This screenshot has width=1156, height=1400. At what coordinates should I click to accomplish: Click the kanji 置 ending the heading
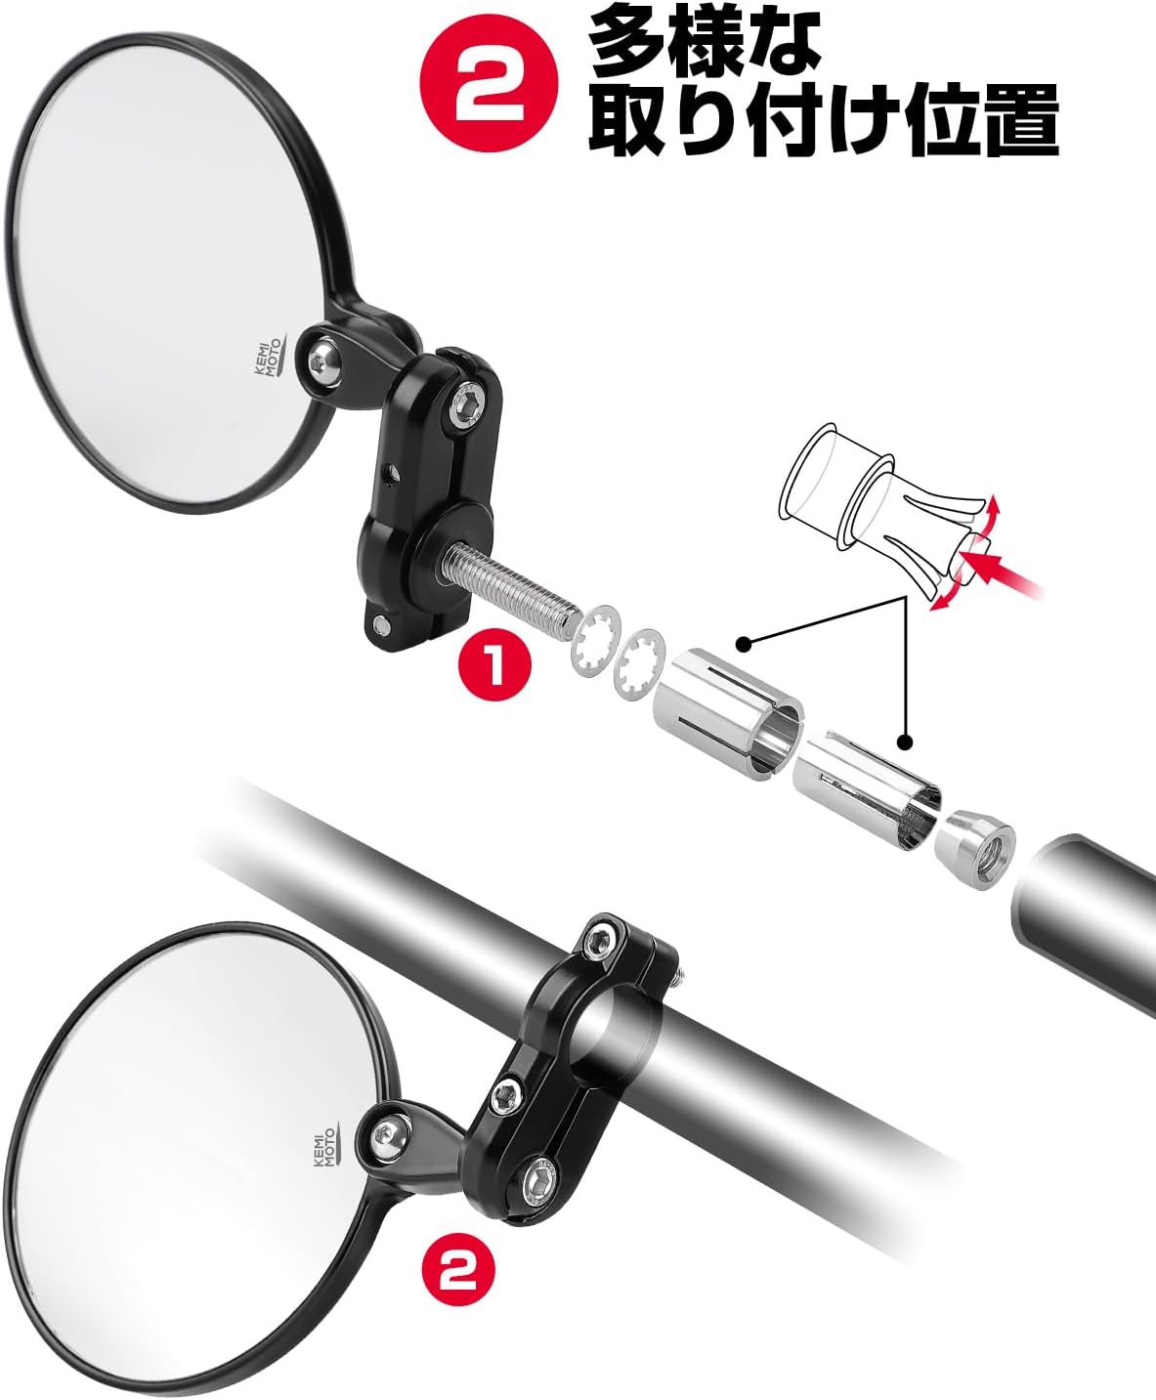[1017, 121]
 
